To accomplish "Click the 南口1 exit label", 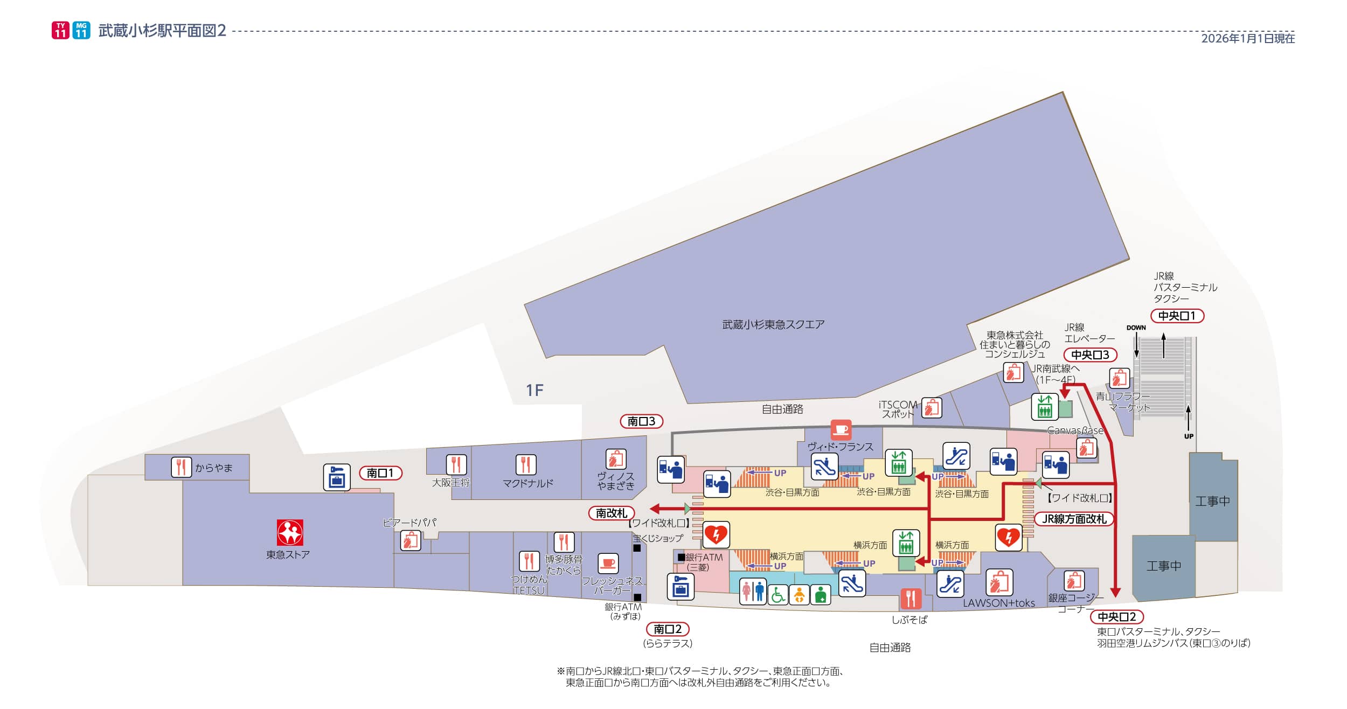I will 380,473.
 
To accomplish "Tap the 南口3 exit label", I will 641,421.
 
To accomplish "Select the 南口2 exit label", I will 668,629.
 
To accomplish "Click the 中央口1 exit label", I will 1177,316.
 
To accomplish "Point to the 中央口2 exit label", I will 1116,617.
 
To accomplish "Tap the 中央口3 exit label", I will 1090,355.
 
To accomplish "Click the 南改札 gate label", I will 612,513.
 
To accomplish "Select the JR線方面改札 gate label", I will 1074,519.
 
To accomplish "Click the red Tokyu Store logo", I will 290,532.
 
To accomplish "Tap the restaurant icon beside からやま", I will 182,467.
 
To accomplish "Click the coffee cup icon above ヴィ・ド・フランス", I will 841,430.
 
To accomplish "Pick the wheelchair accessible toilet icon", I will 777,594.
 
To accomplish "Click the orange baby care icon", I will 799,594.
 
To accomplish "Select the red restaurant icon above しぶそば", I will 911,599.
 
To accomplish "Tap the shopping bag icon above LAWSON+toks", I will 999,582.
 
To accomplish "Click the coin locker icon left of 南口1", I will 337,477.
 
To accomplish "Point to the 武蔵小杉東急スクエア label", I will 773,324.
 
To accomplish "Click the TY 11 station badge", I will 60,30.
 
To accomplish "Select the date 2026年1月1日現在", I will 1248,38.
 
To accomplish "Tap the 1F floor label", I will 534,390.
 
